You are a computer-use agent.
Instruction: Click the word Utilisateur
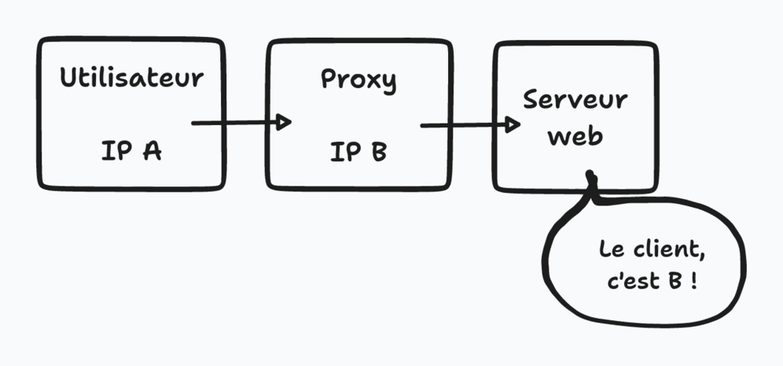pyautogui.click(x=131, y=78)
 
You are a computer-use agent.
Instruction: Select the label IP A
pyautogui.click(x=131, y=150)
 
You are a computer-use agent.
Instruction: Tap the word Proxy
pyautogui.click(x=358, y=80)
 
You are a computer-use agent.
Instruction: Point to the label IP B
pyautogui.click(x=358, y=150)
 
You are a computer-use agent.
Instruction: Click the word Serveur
pyautogui.click(x=575, y=100)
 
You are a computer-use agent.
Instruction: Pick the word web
pyautogui.click(x=575, y=135)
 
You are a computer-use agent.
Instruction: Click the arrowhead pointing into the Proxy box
pyautogui.click(x=284, y=122)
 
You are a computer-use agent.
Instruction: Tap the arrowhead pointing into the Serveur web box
pyautogui.click(x=512, y=124)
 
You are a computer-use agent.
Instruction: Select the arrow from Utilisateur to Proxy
pyautogui.click(x=236, y=123)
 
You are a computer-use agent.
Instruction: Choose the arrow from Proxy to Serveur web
pyautogui.click(x=464, y=125)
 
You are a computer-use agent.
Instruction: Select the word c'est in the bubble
pyautogui.click(x=633, y=282)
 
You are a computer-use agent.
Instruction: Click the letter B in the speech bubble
pyautogui.click(x=675, y=282)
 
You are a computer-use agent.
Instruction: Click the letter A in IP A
pyautogui.click(x=151, y=150)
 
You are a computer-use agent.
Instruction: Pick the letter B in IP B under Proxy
pyautogui.click(x=378, y=150)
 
